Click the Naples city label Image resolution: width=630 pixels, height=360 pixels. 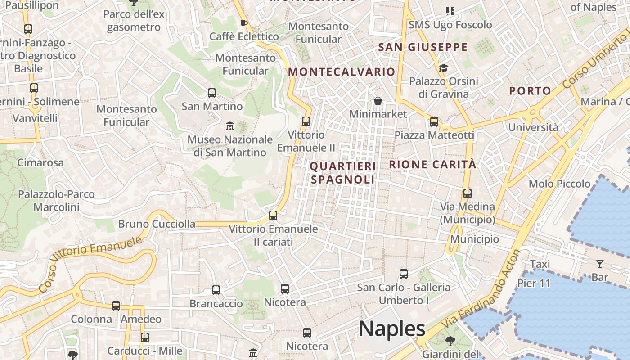click(x=392, y=329)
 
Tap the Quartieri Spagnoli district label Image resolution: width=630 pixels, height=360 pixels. click(x=342, y=173)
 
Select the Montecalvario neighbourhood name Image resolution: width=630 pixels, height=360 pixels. click(x=342, y=72)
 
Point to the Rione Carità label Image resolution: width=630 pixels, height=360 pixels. click(x=432, y=165)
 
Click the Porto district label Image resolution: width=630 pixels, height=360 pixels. click(x=530, y=91)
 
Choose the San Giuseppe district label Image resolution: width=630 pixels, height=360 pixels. click(x=423, y=47)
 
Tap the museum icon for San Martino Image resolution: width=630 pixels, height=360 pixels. click(x=230, y=126)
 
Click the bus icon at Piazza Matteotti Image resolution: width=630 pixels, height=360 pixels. click(x=434, y=122)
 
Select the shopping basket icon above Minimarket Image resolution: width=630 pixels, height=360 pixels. click(x=378, y=101)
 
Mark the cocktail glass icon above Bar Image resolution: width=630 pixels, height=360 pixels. click(x=599, y=264)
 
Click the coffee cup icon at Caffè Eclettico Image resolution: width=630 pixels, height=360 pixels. click(x=244, y=23)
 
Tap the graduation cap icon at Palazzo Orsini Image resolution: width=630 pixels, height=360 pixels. click(x=444, y=68)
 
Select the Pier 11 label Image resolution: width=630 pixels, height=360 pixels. click(x=534, y=283)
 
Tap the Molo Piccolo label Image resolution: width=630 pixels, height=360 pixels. click(x=559, y=184)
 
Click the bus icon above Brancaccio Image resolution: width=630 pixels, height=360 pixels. click(x=216, y=290)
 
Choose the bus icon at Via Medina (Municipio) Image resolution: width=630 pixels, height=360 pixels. click(x=468, y=193)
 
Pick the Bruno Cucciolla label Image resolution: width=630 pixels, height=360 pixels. click(x=157, y=224)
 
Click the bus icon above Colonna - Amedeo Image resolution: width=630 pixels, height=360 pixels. click(x=116, y=306)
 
